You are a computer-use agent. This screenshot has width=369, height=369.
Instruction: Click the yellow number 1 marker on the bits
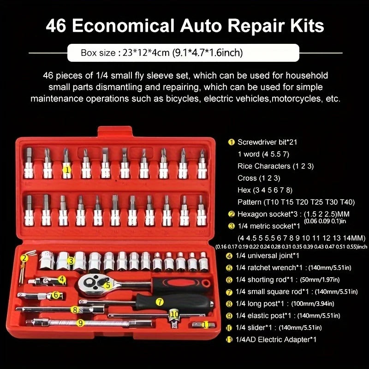click(67, 170)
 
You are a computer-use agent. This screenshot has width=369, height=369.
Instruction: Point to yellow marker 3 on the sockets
click(71, 261)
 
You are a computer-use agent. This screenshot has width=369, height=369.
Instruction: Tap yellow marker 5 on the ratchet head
click(107, 285)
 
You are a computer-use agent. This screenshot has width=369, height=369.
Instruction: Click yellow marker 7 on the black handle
click(160, 302)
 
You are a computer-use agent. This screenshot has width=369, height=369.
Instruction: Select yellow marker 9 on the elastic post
click(80, 323)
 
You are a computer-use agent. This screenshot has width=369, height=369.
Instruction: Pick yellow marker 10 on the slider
click(174, 314)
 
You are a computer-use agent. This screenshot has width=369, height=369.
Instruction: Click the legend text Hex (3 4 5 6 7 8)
click(265, 190)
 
